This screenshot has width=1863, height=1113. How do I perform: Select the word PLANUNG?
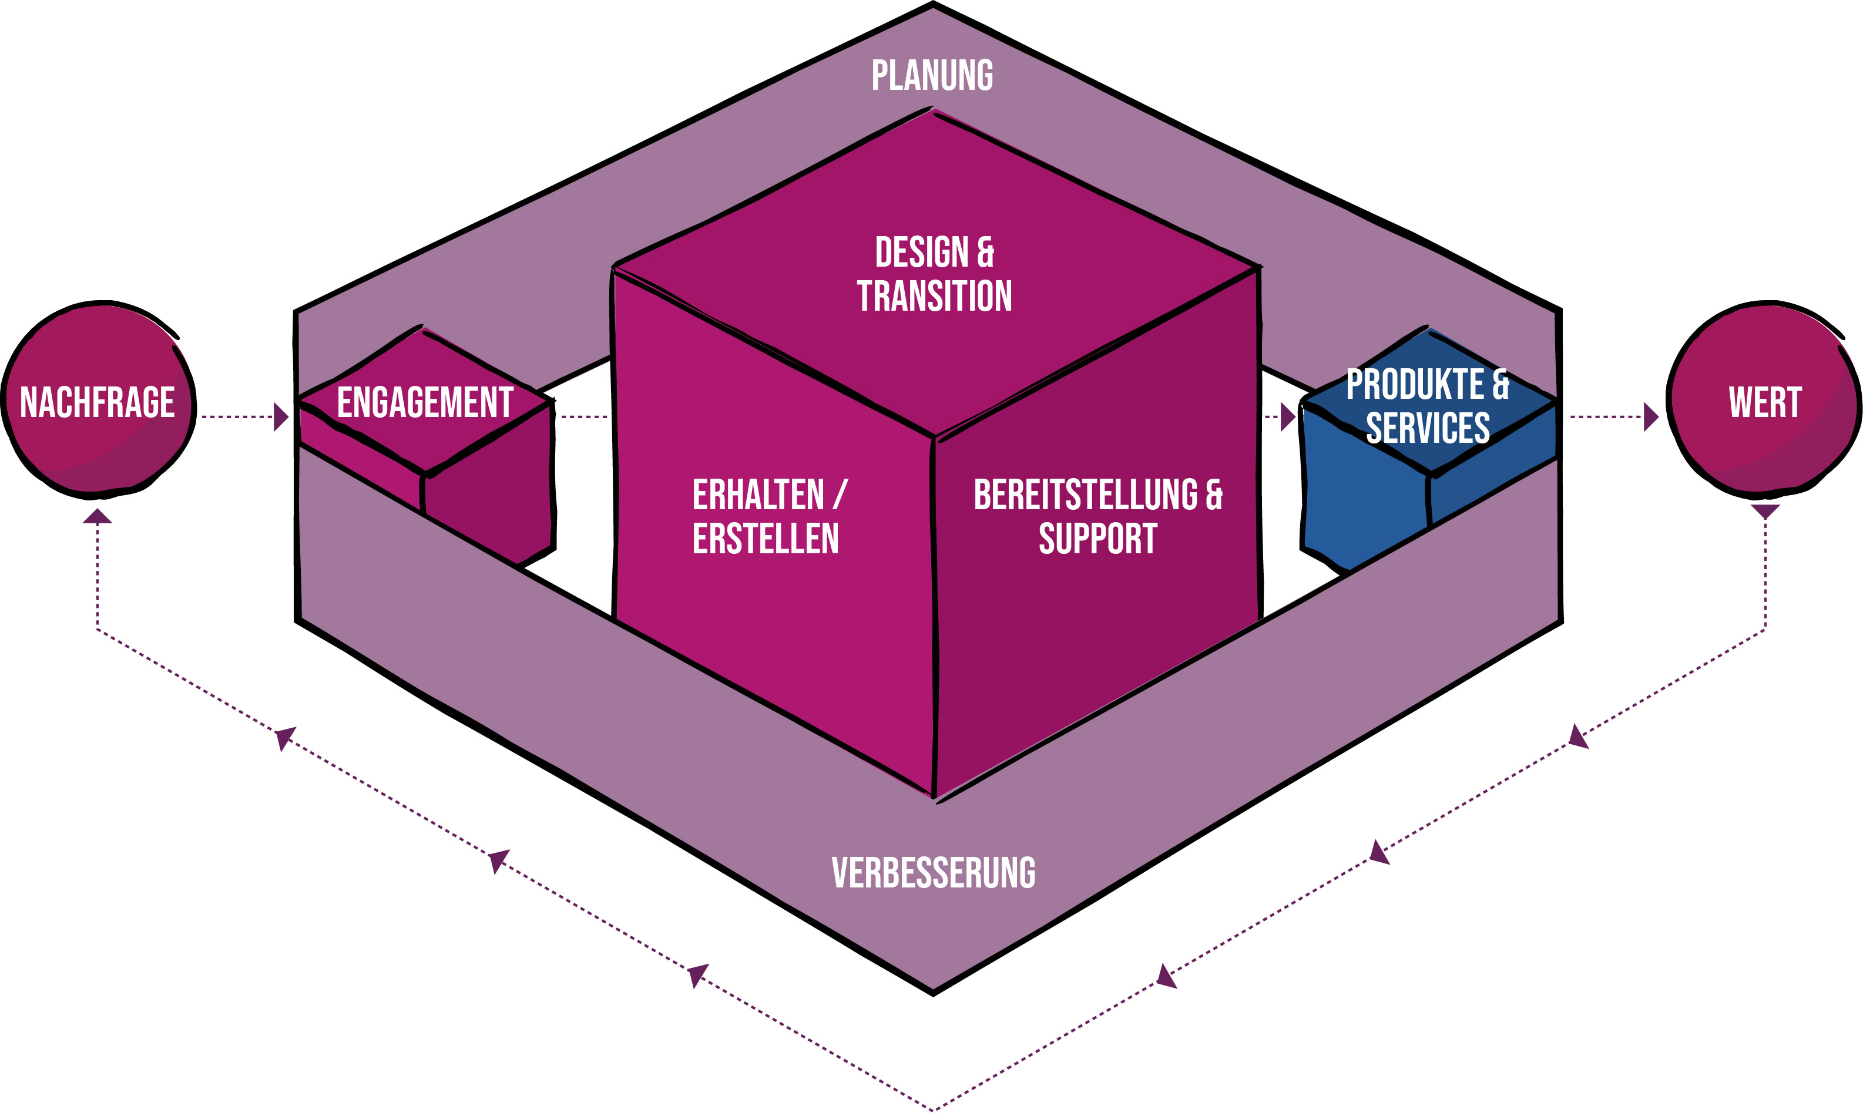pos(932,76)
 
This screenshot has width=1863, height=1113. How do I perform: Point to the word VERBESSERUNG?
pos(933,873)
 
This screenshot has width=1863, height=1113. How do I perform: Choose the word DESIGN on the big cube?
pos(922,252)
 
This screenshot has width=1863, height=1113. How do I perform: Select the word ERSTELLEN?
pos(765,539)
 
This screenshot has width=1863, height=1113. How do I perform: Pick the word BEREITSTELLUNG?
pos(1086,495)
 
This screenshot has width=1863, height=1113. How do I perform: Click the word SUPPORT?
pos(1097,539)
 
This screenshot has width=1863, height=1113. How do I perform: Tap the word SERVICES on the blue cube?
pos(1427,428)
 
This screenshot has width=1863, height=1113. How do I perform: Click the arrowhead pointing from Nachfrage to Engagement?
pos(281,417)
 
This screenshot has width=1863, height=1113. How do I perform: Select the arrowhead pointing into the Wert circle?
pos(1651,417)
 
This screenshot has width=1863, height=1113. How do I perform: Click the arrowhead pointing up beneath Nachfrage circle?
pos(98,516)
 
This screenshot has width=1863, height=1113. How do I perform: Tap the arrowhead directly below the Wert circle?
pos(1765,512)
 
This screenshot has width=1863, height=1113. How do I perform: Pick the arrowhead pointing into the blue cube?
pos(1288,417)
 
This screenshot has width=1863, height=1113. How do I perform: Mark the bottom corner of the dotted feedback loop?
pos(933,1108)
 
